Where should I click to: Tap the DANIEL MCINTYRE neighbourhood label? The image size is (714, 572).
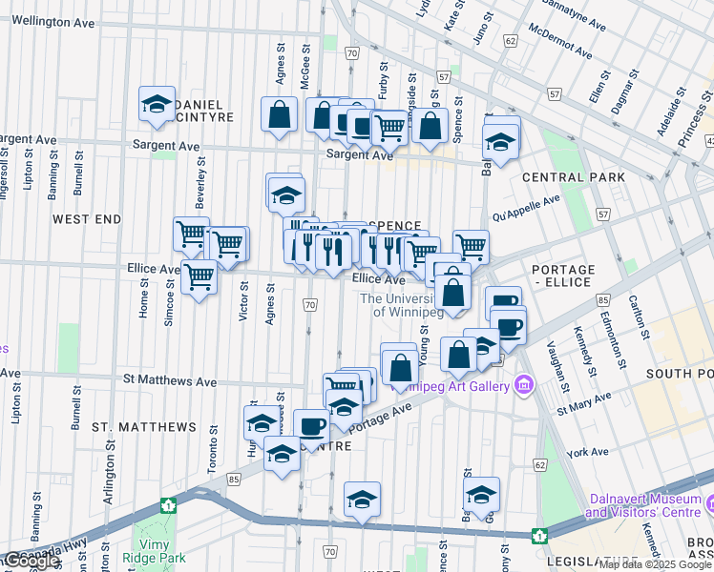point(187,111)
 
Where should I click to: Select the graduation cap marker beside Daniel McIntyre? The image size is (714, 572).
point(156,107)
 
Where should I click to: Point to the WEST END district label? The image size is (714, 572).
point(87,219)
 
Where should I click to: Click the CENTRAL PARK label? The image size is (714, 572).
point(574,177)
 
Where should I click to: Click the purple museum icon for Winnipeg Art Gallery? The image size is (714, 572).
point(522,385)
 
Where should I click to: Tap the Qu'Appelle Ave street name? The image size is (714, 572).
point(526,208)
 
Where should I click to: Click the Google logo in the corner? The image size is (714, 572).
point(31,561)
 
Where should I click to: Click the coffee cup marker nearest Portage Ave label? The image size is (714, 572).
point(310,425)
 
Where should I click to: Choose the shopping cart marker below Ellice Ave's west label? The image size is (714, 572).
point(199,277)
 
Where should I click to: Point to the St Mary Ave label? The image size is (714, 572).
point(582,403)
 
